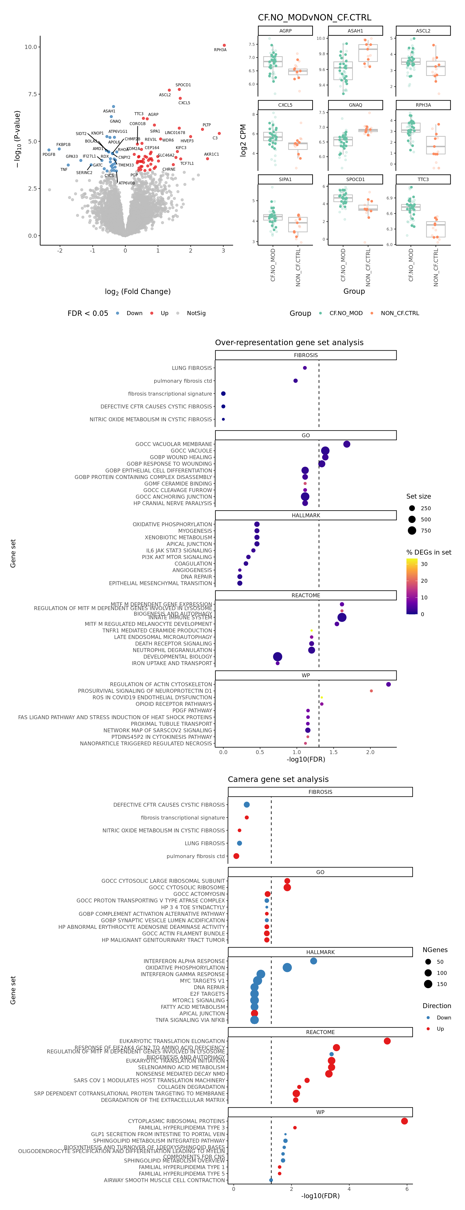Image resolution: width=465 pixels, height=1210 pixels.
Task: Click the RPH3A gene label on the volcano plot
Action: pyautogui.click(x=220, y=50)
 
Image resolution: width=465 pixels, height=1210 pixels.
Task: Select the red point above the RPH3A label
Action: pyautogui.click(x=224, y=45)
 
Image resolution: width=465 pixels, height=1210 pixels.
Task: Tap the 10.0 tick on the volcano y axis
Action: pyautogui.click(x=31, y=47)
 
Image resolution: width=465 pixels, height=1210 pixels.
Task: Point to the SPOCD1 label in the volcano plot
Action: pyautogui.click(x=183, y=85)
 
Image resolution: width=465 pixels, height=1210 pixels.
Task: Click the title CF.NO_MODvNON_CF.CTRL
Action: pyautogui.click(x=314, y=17)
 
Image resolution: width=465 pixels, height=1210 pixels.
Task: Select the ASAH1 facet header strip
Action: pyautogui.click(x=355, y=31)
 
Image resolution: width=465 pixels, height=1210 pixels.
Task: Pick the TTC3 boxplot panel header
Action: pyautogui.click(x=423, y=179)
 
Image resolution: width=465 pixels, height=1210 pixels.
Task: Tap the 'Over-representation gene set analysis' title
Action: pyautogui.click(x=289, y=342)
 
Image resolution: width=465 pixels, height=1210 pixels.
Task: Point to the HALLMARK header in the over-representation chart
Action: pyautogui.click(x=306, y=515)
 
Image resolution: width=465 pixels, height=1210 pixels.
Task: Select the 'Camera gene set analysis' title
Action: pyautogui.click(x=278, y=779)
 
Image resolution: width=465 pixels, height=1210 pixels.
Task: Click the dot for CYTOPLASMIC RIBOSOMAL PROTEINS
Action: pyautogui.click(x=404, y=1121)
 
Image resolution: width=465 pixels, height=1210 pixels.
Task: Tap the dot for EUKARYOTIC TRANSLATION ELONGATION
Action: pyautogui.click(x=387, y=1041)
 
